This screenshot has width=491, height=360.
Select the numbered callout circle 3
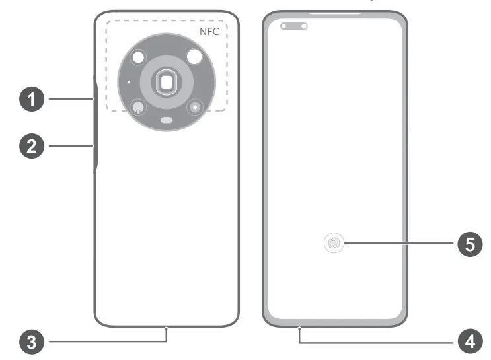(31, 342)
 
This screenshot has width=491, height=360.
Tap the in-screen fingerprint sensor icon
(335, 244)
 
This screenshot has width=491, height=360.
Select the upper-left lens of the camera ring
(138, 58)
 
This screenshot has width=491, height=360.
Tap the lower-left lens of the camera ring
(137, 107)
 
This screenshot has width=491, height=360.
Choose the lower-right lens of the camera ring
(194, 106)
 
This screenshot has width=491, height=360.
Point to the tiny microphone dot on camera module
(128, 83)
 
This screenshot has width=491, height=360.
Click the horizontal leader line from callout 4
(377, 342)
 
